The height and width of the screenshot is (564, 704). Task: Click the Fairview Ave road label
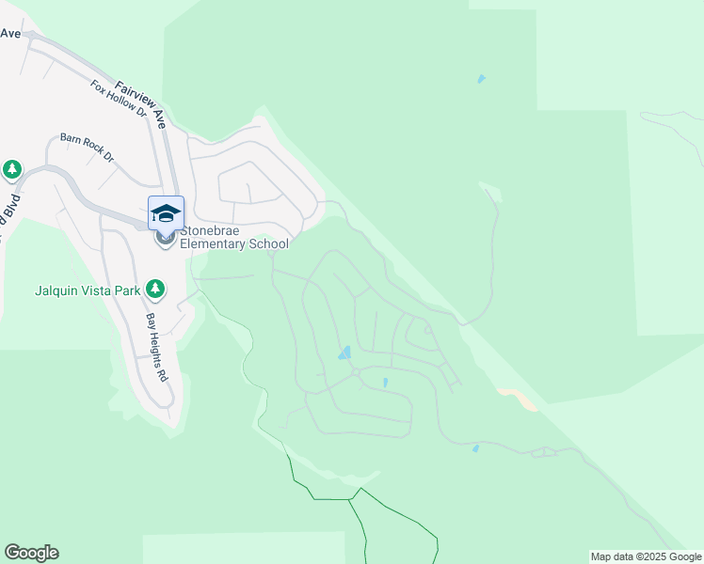point(142,104)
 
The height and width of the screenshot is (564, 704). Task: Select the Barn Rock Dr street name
point(87,147)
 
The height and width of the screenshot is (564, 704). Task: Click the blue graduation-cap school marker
point(166,213)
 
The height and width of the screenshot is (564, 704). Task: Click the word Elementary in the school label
point(215,243)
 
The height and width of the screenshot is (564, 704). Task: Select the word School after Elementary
point(269,243)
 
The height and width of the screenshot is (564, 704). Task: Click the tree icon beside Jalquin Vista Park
point(156,290)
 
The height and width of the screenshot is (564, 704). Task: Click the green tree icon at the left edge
point(11,170)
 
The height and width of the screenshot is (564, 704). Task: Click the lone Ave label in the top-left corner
point(10,33)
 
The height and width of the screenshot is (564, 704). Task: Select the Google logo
point(31,553)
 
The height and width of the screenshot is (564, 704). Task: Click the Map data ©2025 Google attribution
point(645,556)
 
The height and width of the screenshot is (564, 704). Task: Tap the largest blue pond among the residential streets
point(344,353)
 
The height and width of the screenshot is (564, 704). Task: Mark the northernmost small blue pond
point(482,79)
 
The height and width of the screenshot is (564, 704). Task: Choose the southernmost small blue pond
point(475,448)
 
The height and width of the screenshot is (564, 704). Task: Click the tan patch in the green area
point(520,399)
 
